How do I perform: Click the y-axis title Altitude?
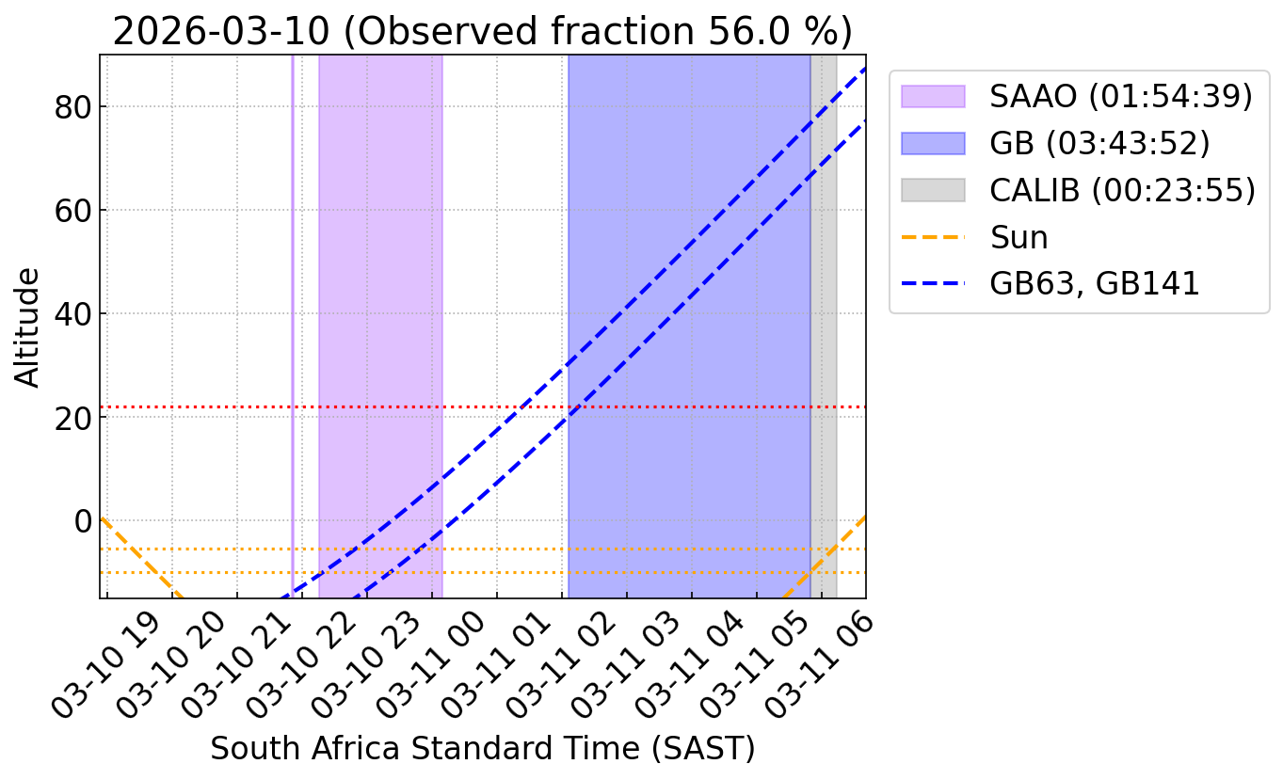click(29, 326)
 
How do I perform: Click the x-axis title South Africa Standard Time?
click(482, 748)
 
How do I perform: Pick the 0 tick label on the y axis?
click(83, 520)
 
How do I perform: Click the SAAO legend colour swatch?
click(933, 96)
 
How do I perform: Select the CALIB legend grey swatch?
click(933, 189)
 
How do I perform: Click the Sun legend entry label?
click(1018, 237)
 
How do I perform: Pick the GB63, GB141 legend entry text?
click(1095, 283)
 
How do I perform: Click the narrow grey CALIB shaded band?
click(824, 282)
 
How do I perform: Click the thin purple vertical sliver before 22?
click(292, 282)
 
